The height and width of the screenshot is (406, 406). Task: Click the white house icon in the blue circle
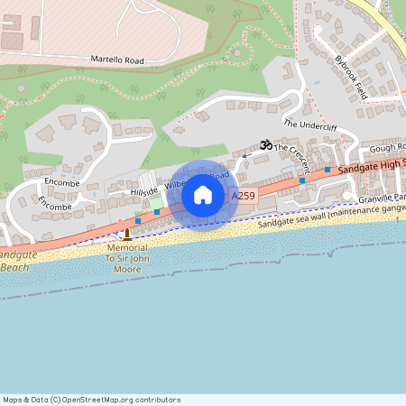203,195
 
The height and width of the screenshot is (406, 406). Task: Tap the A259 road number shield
244,196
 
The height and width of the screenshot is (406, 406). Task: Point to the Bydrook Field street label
351,78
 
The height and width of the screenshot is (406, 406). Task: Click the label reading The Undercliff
309,125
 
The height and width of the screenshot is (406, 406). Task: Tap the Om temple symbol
265,144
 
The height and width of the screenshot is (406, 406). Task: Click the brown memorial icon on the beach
127,235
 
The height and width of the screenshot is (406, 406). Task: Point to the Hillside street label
144,190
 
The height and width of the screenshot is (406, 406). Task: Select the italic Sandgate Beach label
18,261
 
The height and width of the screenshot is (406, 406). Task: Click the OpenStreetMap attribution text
91,400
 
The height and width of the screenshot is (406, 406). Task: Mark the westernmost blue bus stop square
138,220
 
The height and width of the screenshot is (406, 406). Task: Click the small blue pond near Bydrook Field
316,82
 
